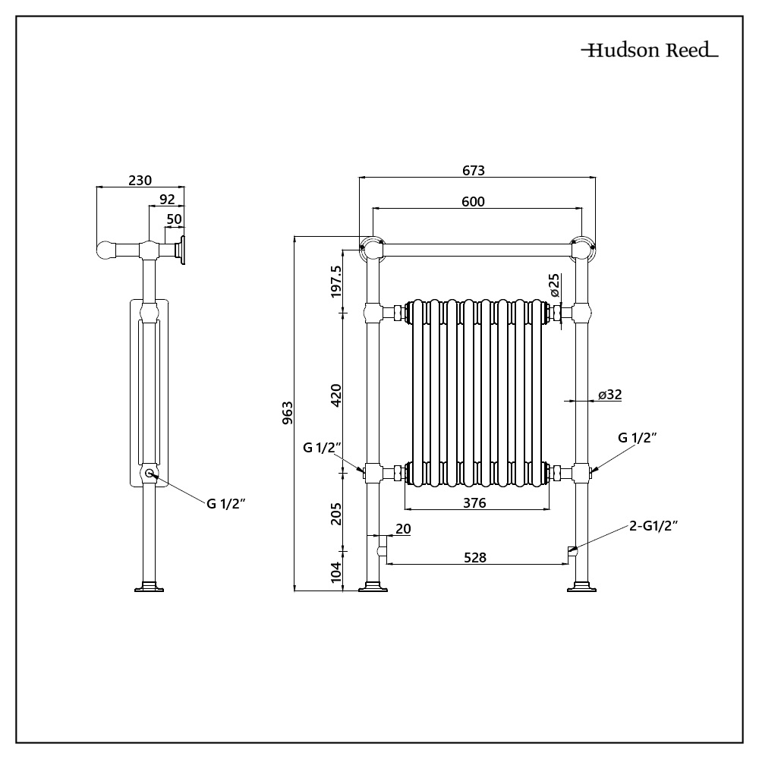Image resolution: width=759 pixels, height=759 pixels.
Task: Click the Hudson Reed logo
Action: click(x=650, y=52)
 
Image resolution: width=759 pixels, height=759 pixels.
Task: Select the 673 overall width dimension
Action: click(x=474, y=171)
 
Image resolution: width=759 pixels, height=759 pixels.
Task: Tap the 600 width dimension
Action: click(x=474, y=201)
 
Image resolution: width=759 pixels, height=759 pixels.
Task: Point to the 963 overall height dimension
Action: click(x=287, y=414)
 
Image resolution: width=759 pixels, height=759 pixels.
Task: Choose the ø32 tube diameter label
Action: click(x=609, y=394)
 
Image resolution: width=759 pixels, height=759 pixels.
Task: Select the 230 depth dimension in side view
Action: click(x=140, y=180)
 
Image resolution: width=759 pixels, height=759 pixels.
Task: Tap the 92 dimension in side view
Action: click(x=167, y=199)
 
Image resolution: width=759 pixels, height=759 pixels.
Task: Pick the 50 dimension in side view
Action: click(x=175, y=219)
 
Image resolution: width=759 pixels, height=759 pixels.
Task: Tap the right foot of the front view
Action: click(x=581, y=587)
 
